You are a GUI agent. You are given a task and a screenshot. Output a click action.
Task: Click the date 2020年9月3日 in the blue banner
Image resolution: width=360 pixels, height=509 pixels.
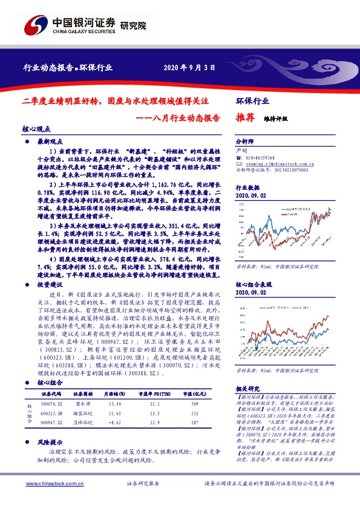tap(189, 67)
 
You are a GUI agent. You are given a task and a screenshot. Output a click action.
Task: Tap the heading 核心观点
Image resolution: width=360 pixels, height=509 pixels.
tap(37, 129)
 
